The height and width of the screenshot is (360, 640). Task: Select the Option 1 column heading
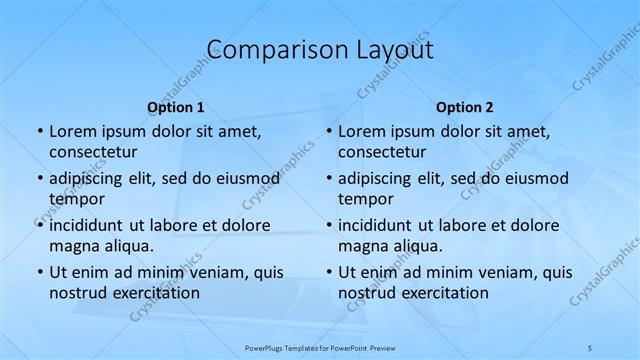coord(176,107)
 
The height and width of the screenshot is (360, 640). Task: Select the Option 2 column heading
coord(465,107)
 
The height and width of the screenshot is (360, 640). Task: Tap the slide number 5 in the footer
coord(591,345)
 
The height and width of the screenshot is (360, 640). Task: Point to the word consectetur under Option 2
coord(382,152)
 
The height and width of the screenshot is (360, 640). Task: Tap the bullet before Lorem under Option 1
coord(39,132)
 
